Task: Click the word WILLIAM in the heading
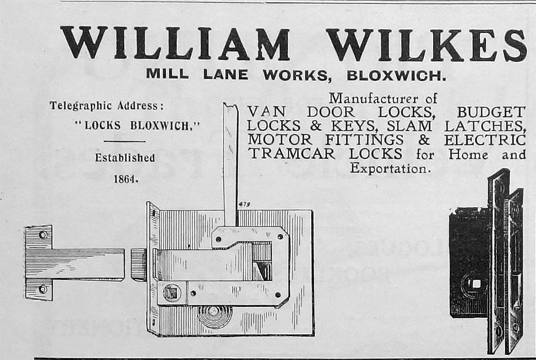click(175, 44)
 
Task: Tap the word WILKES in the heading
click(426, 44)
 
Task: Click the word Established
click(125, 157)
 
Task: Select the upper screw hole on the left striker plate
click(43, 236)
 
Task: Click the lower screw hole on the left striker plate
click(43, 289)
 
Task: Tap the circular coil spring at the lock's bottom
click(212, 316)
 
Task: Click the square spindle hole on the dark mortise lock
click(476, 284)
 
